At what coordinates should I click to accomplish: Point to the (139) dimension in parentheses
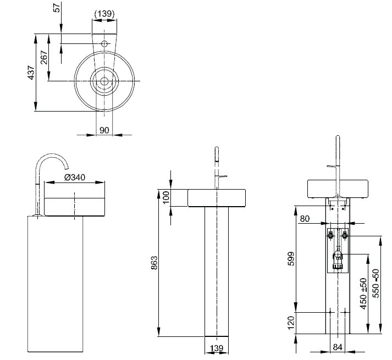point(104,13)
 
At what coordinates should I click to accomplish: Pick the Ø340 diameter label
point(75,177)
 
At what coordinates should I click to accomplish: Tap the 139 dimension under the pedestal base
point(217,349)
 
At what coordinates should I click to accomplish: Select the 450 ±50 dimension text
point(363,293)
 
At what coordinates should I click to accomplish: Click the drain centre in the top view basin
point(104,81)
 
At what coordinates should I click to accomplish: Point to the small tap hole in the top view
point(104,43)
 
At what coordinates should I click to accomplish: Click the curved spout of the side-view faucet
point(53,158)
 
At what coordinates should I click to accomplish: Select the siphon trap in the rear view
point(338,259)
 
